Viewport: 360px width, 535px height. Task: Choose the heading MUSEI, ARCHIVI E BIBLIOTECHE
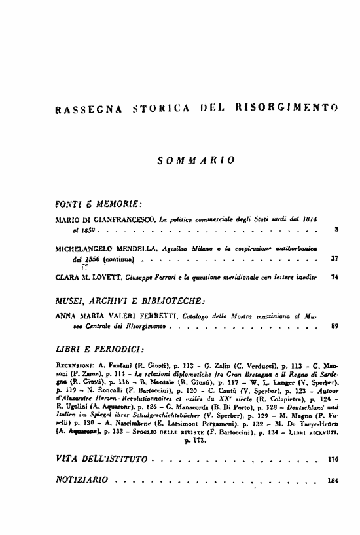132,300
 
